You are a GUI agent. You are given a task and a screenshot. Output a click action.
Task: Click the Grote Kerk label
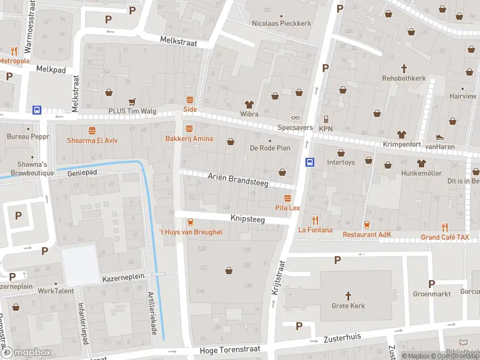pos(348,305)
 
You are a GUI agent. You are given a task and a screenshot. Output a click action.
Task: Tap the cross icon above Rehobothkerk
pos(404,68)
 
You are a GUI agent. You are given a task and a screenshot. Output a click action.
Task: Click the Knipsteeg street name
pos(247,220)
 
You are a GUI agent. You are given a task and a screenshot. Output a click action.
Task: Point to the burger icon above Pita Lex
pos(287,197)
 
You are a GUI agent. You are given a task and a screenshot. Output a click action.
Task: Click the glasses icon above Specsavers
pos(295,118)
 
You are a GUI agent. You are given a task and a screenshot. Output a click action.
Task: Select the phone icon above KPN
pos(326,119)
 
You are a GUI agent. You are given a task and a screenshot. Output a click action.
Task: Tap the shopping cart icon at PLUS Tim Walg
pos(131,101)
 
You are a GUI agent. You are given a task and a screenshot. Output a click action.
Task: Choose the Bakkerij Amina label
pos(190,139)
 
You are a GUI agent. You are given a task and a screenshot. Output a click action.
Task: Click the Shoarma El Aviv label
pos(92,140)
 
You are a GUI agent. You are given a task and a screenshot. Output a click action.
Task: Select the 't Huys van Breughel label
pos(190,232)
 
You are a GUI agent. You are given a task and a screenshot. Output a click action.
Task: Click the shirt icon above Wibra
pos(249,104)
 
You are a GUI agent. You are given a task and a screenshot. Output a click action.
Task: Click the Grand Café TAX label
pos(445,237)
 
